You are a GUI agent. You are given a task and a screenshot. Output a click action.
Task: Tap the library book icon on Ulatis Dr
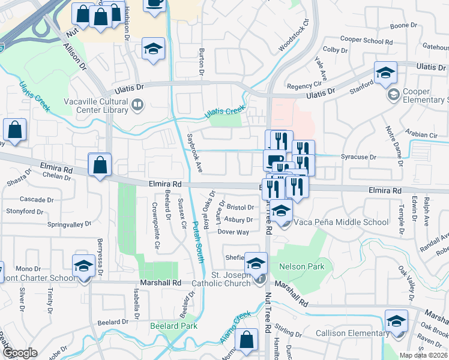[x=138, y=106]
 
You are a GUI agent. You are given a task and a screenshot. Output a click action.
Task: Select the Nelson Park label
[x=301, y=266]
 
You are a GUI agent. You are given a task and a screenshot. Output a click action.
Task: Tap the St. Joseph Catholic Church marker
[x=259, y=278]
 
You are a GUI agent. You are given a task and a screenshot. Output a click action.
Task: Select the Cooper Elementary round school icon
[x=394, y=94]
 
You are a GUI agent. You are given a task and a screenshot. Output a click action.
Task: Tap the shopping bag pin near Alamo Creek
[x=246, y=340]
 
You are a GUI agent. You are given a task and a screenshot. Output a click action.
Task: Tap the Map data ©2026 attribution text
[x=424, y=355]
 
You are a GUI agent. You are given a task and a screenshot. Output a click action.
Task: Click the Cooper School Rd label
[x=366, y=41]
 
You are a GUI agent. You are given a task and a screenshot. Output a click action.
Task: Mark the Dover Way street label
[x=233, y=232]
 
